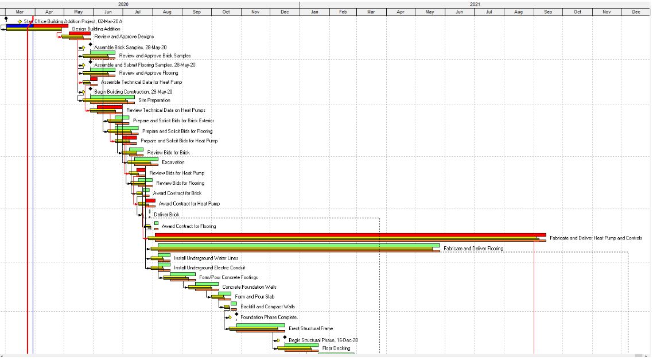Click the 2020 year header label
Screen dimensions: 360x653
[x=123, y=4]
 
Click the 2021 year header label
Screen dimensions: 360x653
[x=475, y=4]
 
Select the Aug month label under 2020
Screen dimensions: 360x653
[x=167, y=11]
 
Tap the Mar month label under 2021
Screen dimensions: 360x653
[x=371, y=11]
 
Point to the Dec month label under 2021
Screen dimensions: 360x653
[x=636, y=11]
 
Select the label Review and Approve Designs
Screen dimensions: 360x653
[x=124, y=37]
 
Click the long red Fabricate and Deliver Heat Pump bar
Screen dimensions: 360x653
[x=350, y=235]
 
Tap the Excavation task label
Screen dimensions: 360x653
[x=173, y=162]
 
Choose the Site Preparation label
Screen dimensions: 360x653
[x=154, y=100]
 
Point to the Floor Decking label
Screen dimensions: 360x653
[x=336, y=349]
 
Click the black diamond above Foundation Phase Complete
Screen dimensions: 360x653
[x=236, y=313]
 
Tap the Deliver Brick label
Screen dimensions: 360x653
[x=166, y=215]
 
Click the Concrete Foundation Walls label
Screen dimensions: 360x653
[x=253, y=287]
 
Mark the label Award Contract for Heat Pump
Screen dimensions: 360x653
[x=189, y=204]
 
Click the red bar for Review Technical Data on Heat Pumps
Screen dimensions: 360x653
[x=109, y=107]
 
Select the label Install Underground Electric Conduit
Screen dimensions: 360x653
[x=209, y=268]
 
